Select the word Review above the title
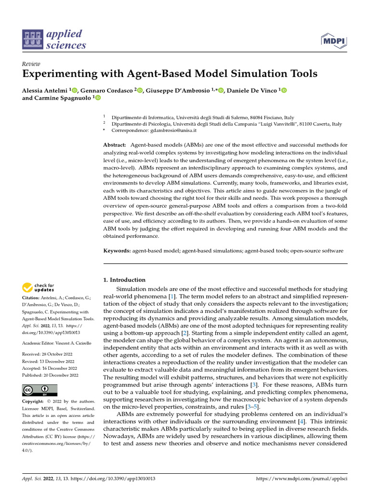pyautogui.click(x=31, y=64)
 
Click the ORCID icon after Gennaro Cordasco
pyautogui.click(x=140, y=90)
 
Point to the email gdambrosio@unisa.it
pyautogui.click(x=168, y=130)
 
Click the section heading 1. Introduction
pyautogui.click(x=124, y=280)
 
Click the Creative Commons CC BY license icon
pyautogui.click(x=40, y=390)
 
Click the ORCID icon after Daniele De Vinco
pyautogui.click(x=284, y=90)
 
